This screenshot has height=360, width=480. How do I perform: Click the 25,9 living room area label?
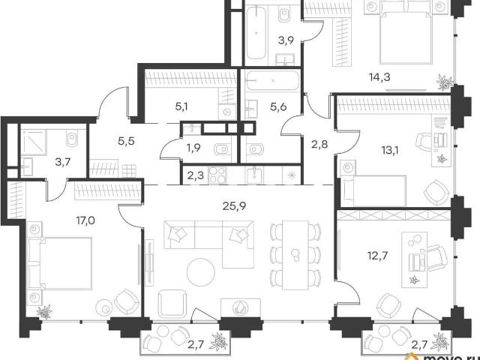point(235,207)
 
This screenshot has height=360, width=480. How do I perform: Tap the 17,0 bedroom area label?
point(85,220)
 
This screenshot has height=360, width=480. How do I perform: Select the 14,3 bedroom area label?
point(379,77)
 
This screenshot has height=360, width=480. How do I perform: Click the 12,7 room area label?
point(377,255)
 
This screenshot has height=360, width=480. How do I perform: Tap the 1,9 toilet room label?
point(193,148)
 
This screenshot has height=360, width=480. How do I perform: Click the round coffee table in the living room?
point(201,272)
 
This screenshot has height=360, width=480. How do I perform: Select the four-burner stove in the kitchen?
point(217,175)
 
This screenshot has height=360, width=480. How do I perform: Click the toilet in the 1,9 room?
point(221,149)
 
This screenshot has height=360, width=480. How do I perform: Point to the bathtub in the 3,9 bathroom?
point(256,32)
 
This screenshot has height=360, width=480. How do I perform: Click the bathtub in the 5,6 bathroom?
point(272,81)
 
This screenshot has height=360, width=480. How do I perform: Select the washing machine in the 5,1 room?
point(227,112)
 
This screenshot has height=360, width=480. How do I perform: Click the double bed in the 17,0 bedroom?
point(60,263)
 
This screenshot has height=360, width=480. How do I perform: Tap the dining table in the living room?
point(295,255)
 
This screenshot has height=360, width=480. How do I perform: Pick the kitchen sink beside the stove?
point(254,175)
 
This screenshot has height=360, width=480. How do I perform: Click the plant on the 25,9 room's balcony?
point(219,340)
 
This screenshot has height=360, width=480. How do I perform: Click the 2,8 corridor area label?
point(320,144)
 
